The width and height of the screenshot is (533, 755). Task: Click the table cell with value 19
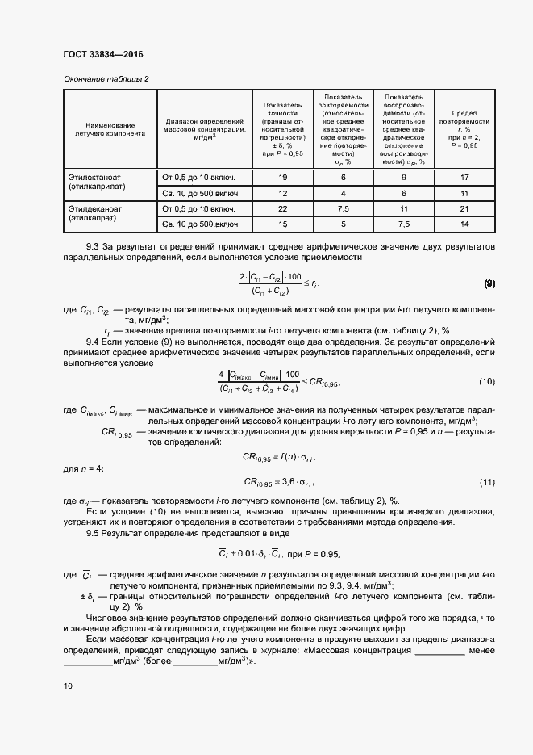tap(282, 176)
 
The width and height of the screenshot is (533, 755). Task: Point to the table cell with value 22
tap(282, 208)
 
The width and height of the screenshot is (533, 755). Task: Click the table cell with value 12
tap(282, 193)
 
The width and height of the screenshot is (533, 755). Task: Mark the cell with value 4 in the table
tap(343, 193)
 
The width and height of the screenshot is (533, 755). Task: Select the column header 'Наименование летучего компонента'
tap(110, 128)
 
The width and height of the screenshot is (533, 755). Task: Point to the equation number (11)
tap(486, 482)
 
